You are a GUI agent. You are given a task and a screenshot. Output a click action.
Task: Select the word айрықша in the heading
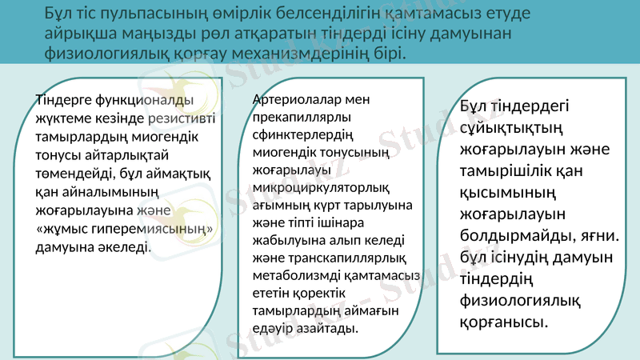click(x=81, y=34)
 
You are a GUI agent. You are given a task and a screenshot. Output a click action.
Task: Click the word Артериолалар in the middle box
click(x=294, y=101)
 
